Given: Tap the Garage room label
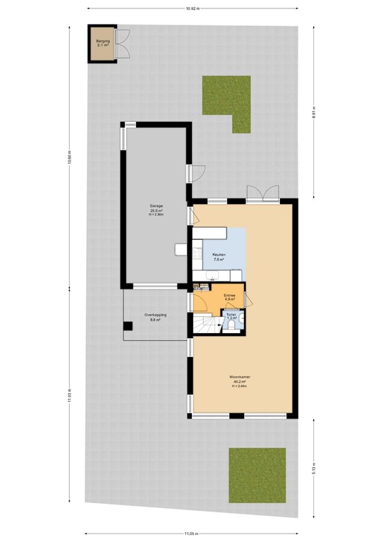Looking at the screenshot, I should click(x=157, y=210).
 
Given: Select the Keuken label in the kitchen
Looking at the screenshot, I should click(x=219, y=257).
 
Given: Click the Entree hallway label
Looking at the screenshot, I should click(x=230, y=296).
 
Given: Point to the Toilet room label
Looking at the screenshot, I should click(x=231, y=317).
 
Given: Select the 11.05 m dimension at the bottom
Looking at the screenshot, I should click(x=191, y=534).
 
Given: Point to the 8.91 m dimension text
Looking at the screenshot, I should click(x=315, y=113).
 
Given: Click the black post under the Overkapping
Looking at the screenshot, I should click(x=128, y=326).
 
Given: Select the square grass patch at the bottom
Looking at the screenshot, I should click(x=257, y=475).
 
